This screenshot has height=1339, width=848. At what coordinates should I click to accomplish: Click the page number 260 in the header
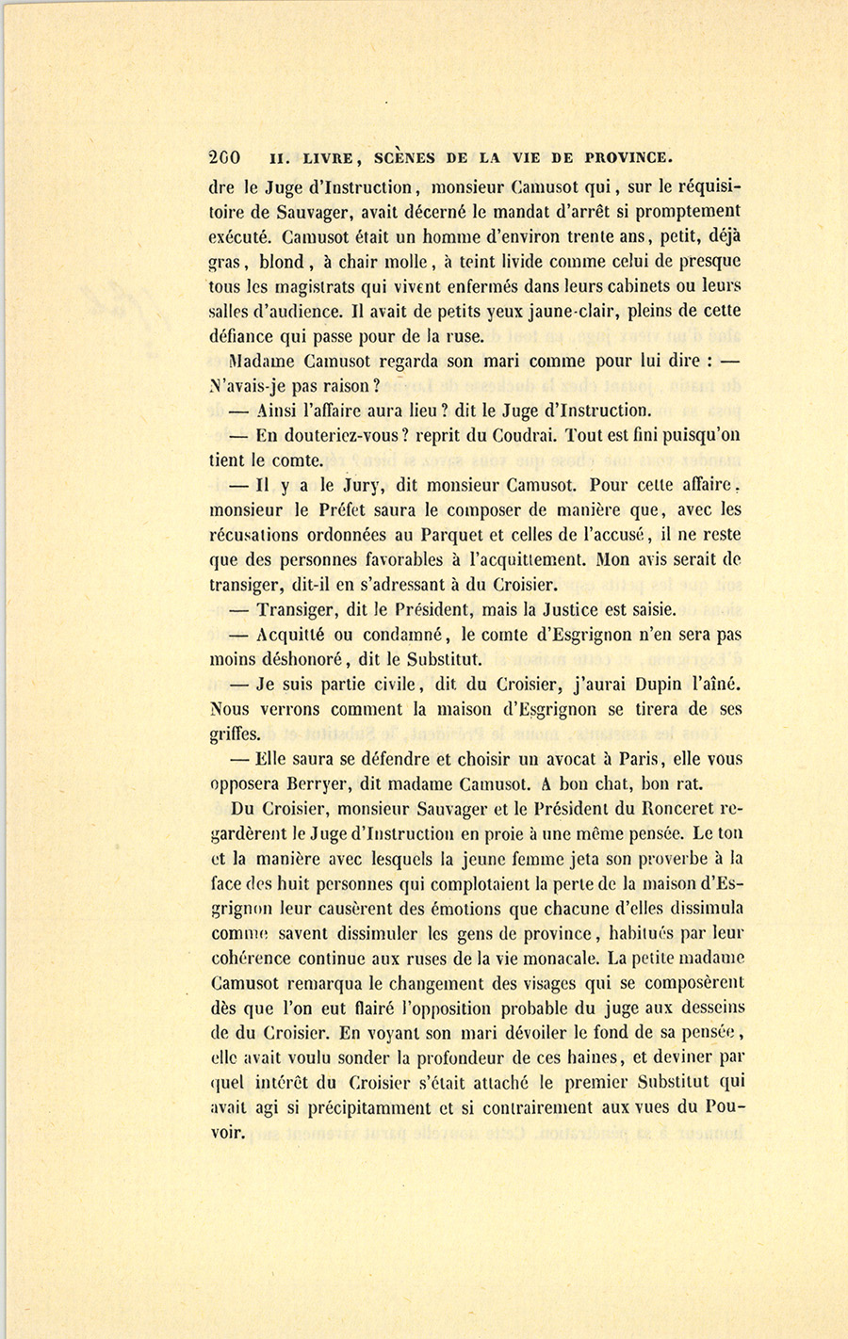click(225, 157)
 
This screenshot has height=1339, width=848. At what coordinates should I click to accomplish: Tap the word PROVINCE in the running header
click(628, 157)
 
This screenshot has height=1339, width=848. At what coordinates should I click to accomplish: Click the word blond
click(280, 262)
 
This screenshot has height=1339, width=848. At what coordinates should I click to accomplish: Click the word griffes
click(235, 734)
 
